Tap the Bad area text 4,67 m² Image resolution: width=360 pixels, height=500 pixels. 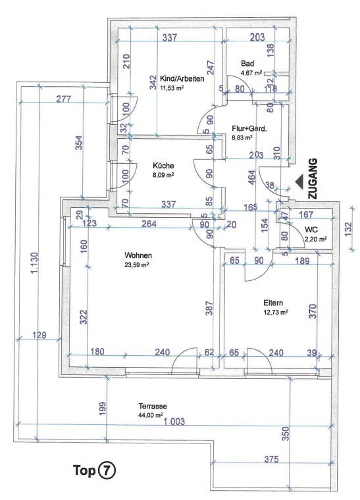coord(251,73)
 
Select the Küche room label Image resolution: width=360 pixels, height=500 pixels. coord(163,166)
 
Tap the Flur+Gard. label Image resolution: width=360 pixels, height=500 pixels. coord(249,129)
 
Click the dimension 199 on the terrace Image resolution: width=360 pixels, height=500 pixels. coord(101,409)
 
